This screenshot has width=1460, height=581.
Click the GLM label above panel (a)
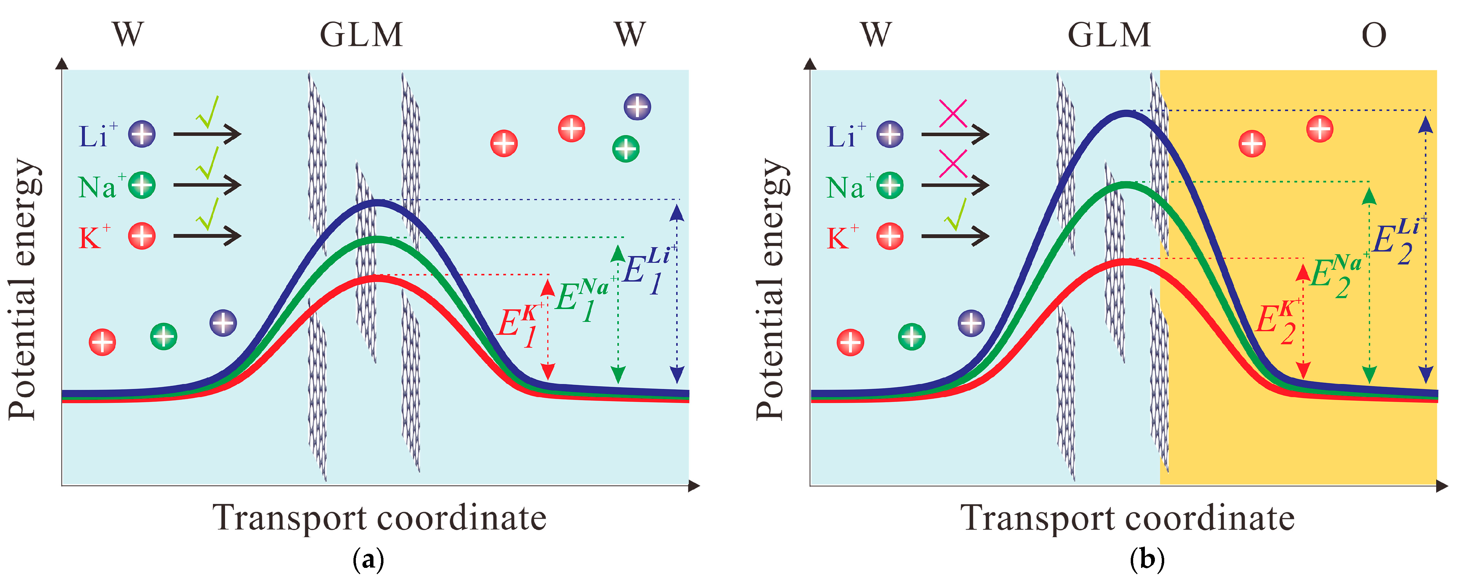362,35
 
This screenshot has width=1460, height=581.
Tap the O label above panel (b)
1373,36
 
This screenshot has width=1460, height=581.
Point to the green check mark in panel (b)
956,215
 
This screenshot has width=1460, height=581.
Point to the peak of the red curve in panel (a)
377,277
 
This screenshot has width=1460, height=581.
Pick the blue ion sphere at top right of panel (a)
637,107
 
